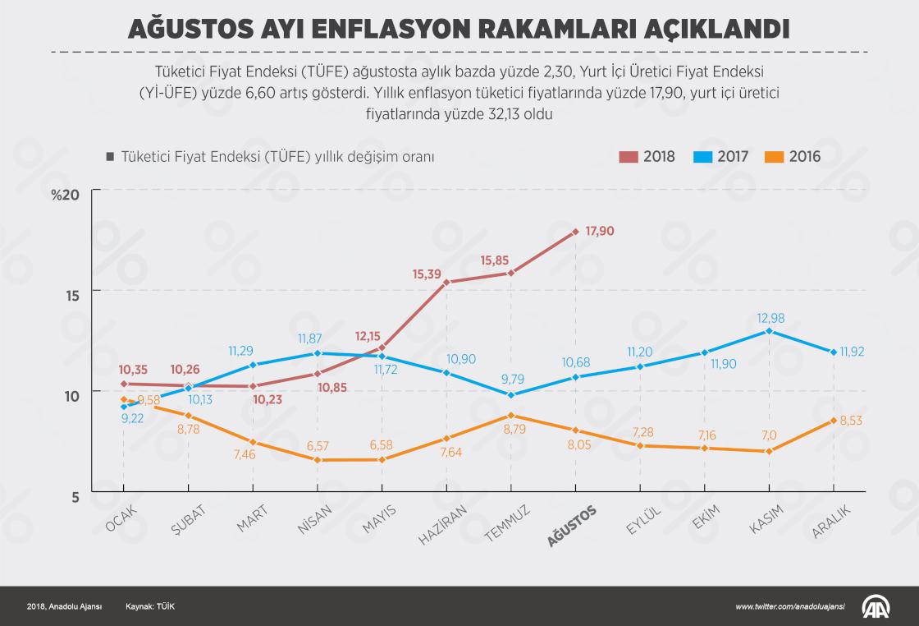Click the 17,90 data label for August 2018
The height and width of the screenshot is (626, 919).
600,231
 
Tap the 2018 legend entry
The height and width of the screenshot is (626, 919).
647,156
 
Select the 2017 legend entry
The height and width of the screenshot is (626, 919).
720,156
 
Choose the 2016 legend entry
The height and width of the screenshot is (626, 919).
793,156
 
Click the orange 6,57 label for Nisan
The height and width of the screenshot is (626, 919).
318,445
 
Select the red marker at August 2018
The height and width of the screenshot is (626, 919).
576,232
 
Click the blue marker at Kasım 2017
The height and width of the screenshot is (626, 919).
769,331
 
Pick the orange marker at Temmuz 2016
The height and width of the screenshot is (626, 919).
511,416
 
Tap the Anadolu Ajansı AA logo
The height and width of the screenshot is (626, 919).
876,606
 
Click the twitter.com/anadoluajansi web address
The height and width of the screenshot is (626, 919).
792,606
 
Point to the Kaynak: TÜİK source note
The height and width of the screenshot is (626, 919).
150,606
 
